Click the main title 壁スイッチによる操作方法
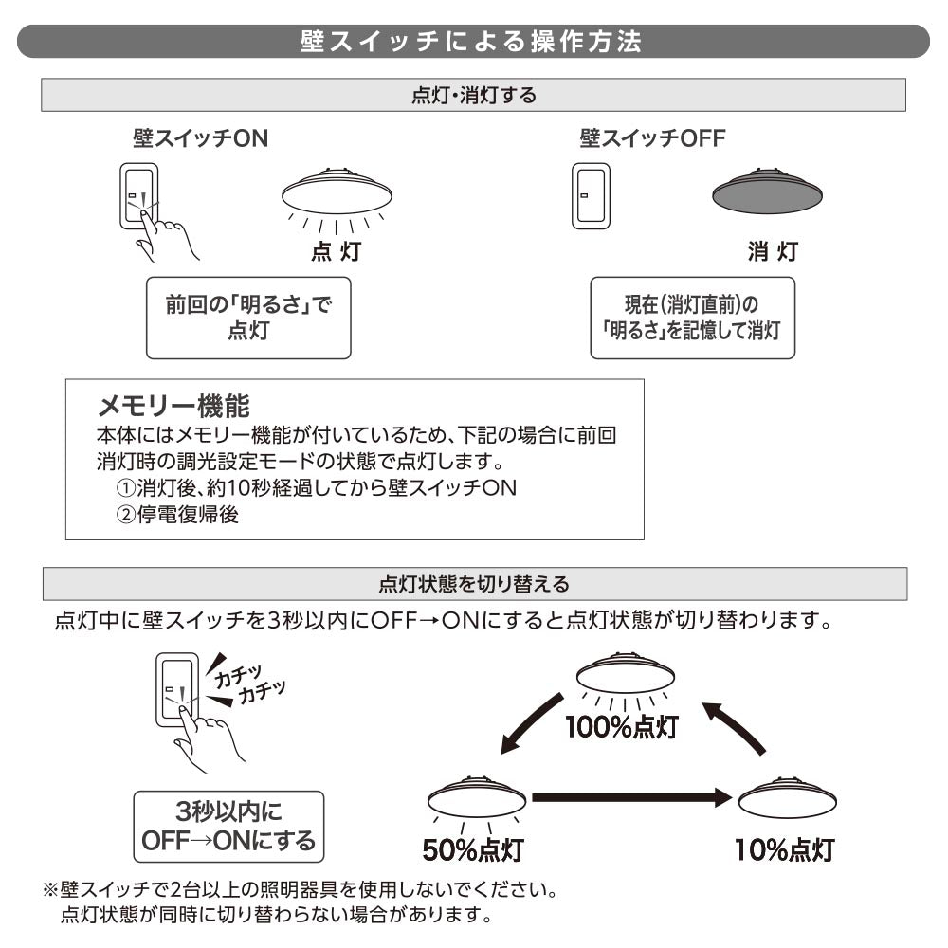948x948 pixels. pyautogui.click(x=471, y=43)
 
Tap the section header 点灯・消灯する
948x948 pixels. pyautogui.click(x=474, y=95)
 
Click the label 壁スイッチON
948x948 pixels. pyautogui.click(x=200, y=139)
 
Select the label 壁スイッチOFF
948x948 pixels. pyautogui.click(x=651, y=139)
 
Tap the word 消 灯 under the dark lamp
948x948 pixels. pyautogui.click(x=772, y=251)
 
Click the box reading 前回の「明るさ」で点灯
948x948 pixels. pyautogui.click(x=248, y=318)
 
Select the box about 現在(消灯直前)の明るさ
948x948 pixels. pyautogui.click(x=692, y=318)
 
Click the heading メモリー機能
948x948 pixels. pyautogui.click(x=173, y=407)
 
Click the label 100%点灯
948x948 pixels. pyautogui.click(x=621, y=727)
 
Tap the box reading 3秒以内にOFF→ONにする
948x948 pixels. pyautogui.click(x=228, y=826)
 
